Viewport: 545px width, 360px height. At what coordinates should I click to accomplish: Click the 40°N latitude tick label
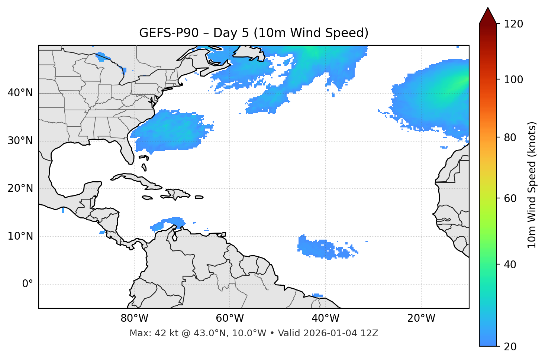point(20,93)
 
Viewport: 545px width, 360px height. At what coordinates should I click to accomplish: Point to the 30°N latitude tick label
point(20,141)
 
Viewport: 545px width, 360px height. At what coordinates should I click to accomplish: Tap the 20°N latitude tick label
point(20,188)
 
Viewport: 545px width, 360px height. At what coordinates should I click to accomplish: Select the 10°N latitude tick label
point(20,236)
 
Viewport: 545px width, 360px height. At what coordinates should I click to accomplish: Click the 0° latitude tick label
point(28,284)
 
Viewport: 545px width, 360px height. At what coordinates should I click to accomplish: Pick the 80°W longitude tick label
point(134,318)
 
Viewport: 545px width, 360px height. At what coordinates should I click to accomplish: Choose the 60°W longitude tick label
point(230,318)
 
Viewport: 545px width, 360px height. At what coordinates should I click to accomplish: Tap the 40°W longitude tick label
point(325,318)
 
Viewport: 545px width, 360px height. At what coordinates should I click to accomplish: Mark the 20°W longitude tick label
point(421,318)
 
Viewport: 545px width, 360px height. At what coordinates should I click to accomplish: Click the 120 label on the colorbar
point(513,24)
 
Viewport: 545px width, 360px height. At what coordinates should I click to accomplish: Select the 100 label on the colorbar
point(513,80)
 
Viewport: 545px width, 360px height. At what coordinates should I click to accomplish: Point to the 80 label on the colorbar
point(510,137)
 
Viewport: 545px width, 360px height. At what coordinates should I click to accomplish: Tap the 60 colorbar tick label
point(510,198)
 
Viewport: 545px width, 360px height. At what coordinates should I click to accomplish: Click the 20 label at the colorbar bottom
point(510,347)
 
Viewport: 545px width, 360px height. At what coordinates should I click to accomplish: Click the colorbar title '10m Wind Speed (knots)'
point(532,185)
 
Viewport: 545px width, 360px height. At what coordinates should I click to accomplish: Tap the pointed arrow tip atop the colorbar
point(488,8)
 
